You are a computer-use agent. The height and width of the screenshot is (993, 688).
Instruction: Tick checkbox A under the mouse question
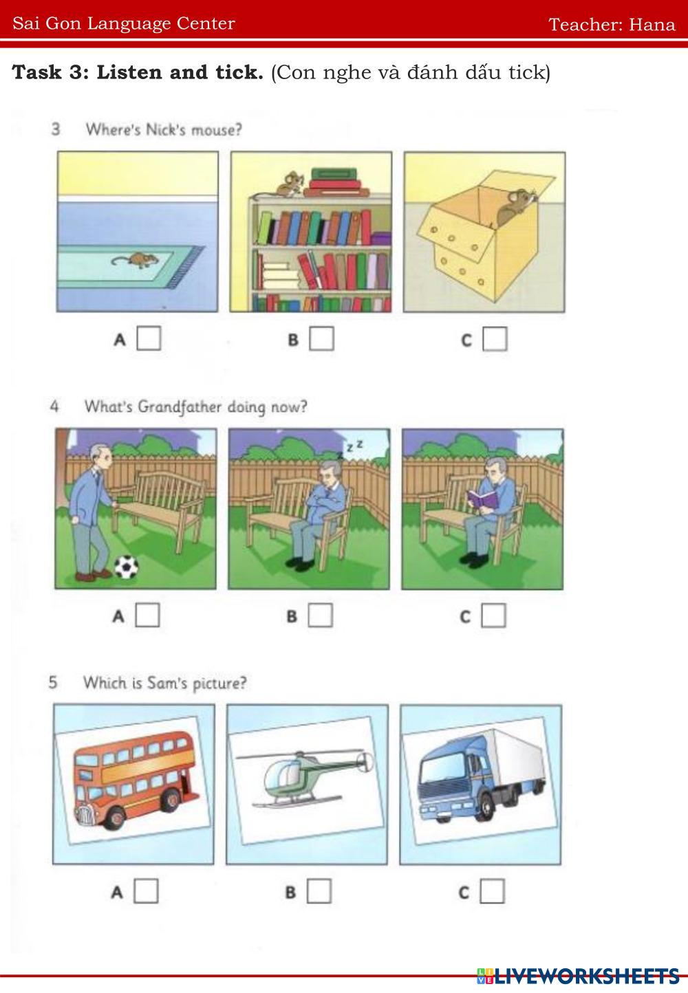(x=149, y=338)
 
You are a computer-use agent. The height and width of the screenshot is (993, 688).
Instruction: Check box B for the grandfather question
(x=321, y=615)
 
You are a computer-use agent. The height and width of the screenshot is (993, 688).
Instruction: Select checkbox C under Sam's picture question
(x=493, y=891)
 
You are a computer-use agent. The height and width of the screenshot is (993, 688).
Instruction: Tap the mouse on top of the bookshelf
(x=290, y=183)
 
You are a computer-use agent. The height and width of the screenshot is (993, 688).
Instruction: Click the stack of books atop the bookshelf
(x=336, y=182)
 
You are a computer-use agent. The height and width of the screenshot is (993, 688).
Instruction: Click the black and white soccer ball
(x=127, y=567)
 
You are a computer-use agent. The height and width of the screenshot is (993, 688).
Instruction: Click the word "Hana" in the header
(x=652, y=24)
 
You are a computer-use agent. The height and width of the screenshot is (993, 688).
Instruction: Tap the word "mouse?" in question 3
(x=217, y=130)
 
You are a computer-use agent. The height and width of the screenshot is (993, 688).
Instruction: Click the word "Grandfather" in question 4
(x=179, y=407)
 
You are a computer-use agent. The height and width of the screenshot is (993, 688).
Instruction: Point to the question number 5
(x=53, y=682)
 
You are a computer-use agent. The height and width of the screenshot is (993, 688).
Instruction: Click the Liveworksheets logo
(x=578, y=976)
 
